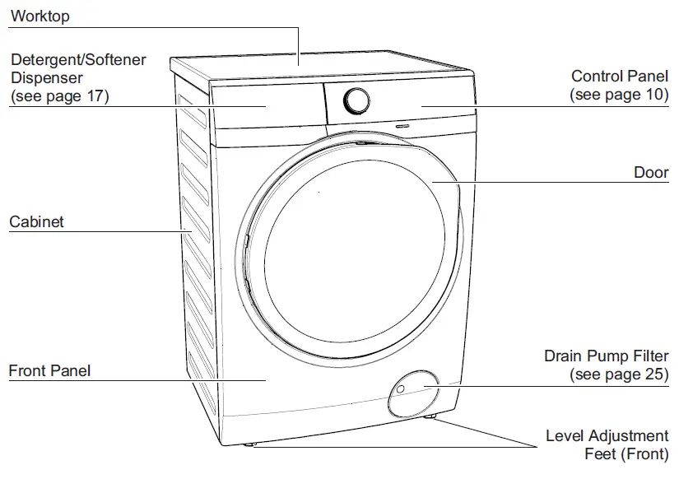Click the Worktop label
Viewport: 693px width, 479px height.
[40, 16]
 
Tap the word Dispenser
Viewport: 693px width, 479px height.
[46, 78]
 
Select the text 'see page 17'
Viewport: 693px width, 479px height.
[59, 96]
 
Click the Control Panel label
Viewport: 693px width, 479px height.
[619, 77]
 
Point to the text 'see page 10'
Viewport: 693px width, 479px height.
[619, 95]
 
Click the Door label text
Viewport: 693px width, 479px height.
[650, 173]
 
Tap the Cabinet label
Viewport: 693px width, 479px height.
[36, 222]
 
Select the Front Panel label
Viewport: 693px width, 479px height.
[49, 371]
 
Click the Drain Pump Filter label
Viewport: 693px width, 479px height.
[606, 356]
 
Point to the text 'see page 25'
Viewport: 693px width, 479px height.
[619, 375]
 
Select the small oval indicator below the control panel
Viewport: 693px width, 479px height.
[403, 127]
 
